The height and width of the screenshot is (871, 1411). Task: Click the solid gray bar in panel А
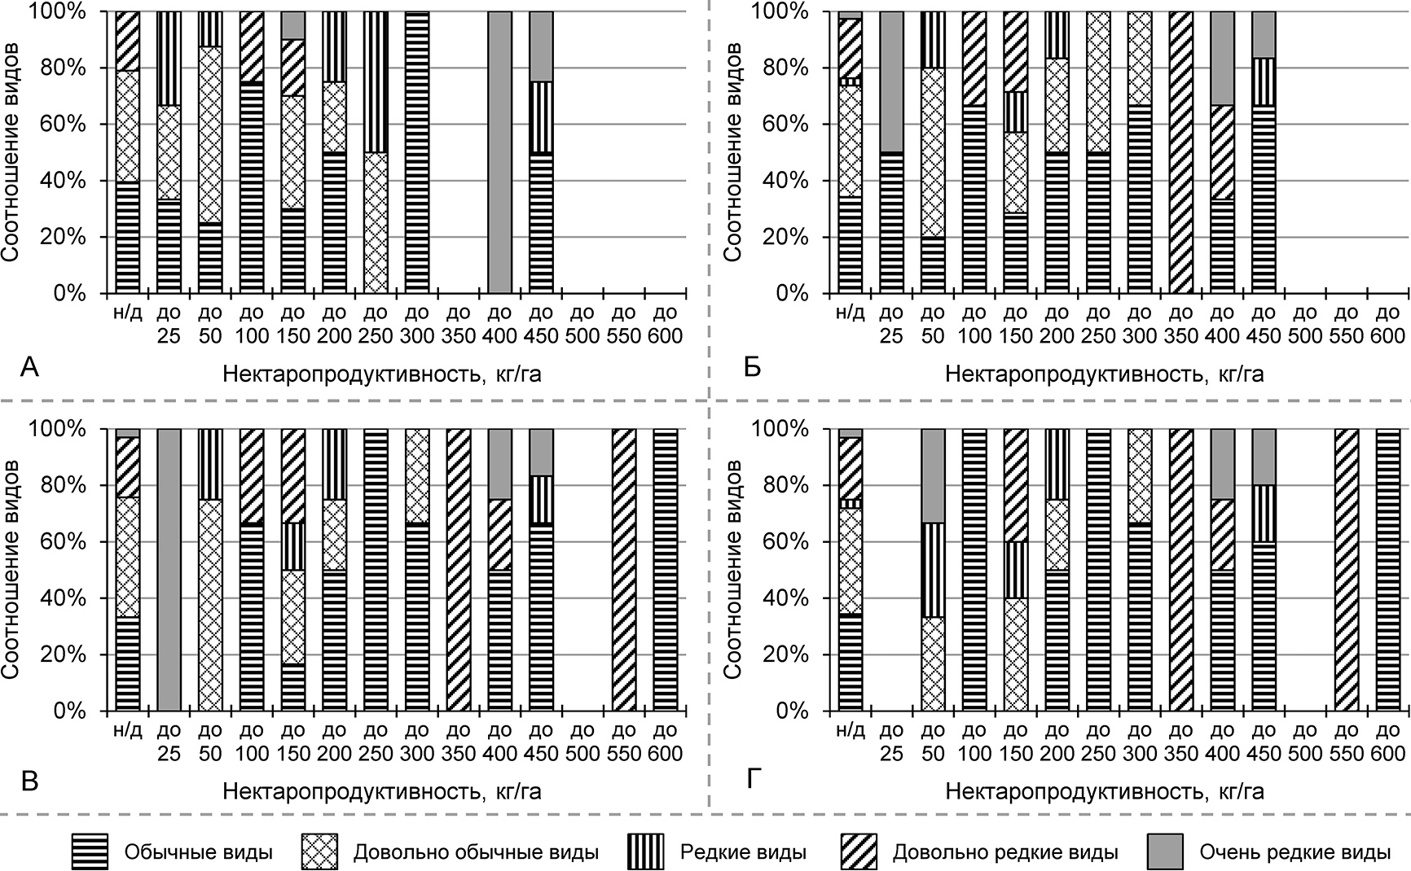tap(500, 152)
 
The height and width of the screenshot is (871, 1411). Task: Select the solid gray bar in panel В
tap(169, 570)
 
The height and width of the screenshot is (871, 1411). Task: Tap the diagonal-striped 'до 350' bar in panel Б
tap(1180, 152)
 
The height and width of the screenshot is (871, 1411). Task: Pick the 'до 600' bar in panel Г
tap(1387, 570)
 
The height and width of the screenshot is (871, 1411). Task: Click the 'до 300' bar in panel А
tap(417, 152)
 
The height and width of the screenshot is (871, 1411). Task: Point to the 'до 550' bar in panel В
tap(624, 570)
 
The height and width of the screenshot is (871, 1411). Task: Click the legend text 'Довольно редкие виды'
tap(1005, 853)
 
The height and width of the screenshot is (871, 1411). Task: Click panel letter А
tap(29, 369)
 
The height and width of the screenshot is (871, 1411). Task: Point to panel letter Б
tap(753, 369)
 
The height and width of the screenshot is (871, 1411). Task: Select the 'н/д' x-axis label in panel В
tap(128, 730)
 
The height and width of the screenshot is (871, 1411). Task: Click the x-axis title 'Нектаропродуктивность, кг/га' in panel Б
tap(1105, 374)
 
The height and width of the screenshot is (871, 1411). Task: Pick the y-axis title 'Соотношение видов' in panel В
tap(11, 570)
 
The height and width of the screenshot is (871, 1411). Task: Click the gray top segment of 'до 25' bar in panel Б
tap(891, 81)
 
